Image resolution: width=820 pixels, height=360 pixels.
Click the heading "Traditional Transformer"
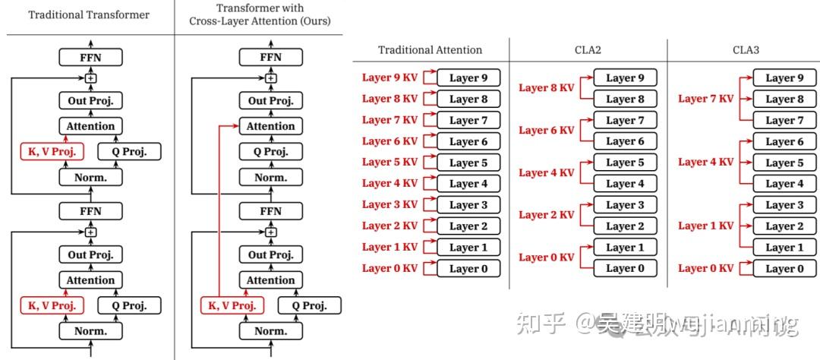(89, 14)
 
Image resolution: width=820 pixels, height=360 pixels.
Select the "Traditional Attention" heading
(430, 50)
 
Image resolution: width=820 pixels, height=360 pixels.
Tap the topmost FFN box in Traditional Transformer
(90, 56)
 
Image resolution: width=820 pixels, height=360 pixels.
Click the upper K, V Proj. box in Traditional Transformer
(52, 152)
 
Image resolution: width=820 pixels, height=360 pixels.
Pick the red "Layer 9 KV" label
(389, 77)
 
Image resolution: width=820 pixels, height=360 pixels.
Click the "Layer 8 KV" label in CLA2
(547, 88)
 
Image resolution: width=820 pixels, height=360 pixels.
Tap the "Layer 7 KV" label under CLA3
(705, 99)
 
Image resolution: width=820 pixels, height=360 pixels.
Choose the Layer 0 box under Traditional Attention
(469, 268)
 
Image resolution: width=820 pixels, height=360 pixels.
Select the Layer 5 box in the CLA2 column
(625, 163)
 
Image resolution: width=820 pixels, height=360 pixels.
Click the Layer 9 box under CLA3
(784, 77)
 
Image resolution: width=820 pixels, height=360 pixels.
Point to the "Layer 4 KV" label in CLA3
(705, 162)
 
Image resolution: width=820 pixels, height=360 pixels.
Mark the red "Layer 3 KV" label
(389, 204)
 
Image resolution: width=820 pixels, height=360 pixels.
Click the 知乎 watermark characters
(541, 324)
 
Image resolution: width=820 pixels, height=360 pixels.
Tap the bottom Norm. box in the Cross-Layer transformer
(271, 331)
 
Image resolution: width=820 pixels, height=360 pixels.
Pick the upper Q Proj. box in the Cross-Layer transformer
(271, 152)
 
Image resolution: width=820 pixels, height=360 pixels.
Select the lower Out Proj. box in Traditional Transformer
(90, 255)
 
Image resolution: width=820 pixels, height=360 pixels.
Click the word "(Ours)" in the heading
(313, 21)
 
